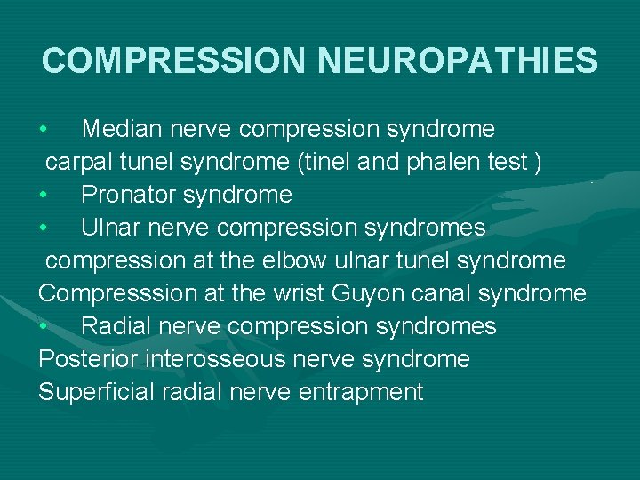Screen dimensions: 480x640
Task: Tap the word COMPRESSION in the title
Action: (x=174, y=60)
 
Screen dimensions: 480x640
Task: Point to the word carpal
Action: (x=74, y=163)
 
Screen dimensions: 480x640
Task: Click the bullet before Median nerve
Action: (x=43, y=130)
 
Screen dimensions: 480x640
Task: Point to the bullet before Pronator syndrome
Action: (x=43, y=195)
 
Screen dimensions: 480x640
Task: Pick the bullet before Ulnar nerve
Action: (x=43, y=228)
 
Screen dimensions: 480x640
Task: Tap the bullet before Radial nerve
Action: (x=43, y=326)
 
